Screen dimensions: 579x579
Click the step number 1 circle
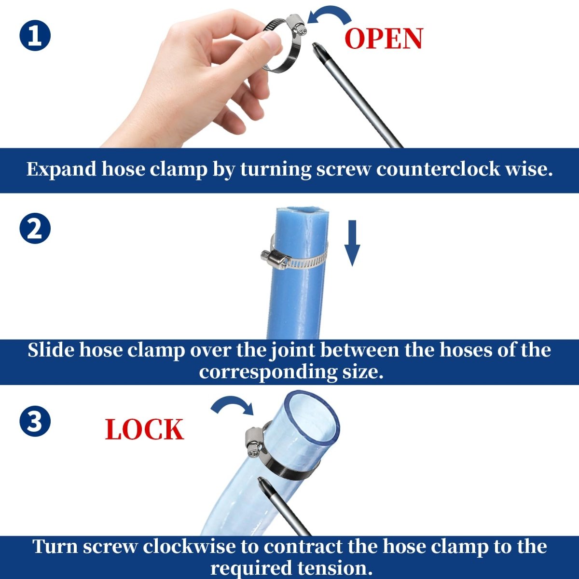35,36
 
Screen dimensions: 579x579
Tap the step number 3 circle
35,421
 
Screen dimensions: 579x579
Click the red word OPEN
384,39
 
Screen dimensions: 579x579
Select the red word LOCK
144,430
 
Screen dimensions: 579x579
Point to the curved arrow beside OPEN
329,15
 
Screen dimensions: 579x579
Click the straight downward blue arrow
352,243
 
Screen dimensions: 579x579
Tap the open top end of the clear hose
311,414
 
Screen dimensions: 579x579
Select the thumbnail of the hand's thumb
271,39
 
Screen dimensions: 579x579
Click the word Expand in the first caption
61,169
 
